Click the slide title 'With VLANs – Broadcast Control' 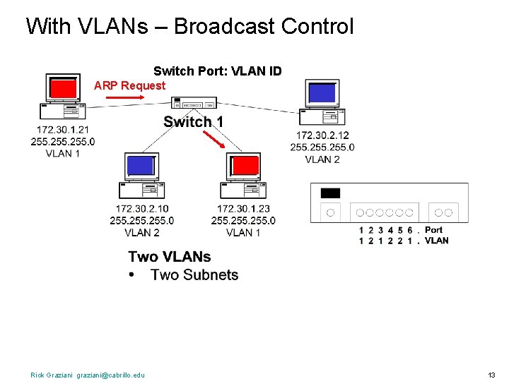[189, 27]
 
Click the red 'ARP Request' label [129, 85]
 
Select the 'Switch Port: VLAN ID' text [218, 71]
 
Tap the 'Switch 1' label [194, 122]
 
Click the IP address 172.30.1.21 [63, 130]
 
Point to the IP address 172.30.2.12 [322, 135]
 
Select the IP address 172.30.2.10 [142, 209]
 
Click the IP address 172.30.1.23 [243, 209]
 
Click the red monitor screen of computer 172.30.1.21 [63, 89]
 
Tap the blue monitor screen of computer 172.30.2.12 [322, 93]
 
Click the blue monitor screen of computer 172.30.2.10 [140, 166]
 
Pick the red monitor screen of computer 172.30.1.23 [245, 166]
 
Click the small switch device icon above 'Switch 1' [194, 103]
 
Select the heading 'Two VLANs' [170, 257]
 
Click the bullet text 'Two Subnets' [194, 275]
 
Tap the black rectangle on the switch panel [330, 193]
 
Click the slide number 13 [492, 375]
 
